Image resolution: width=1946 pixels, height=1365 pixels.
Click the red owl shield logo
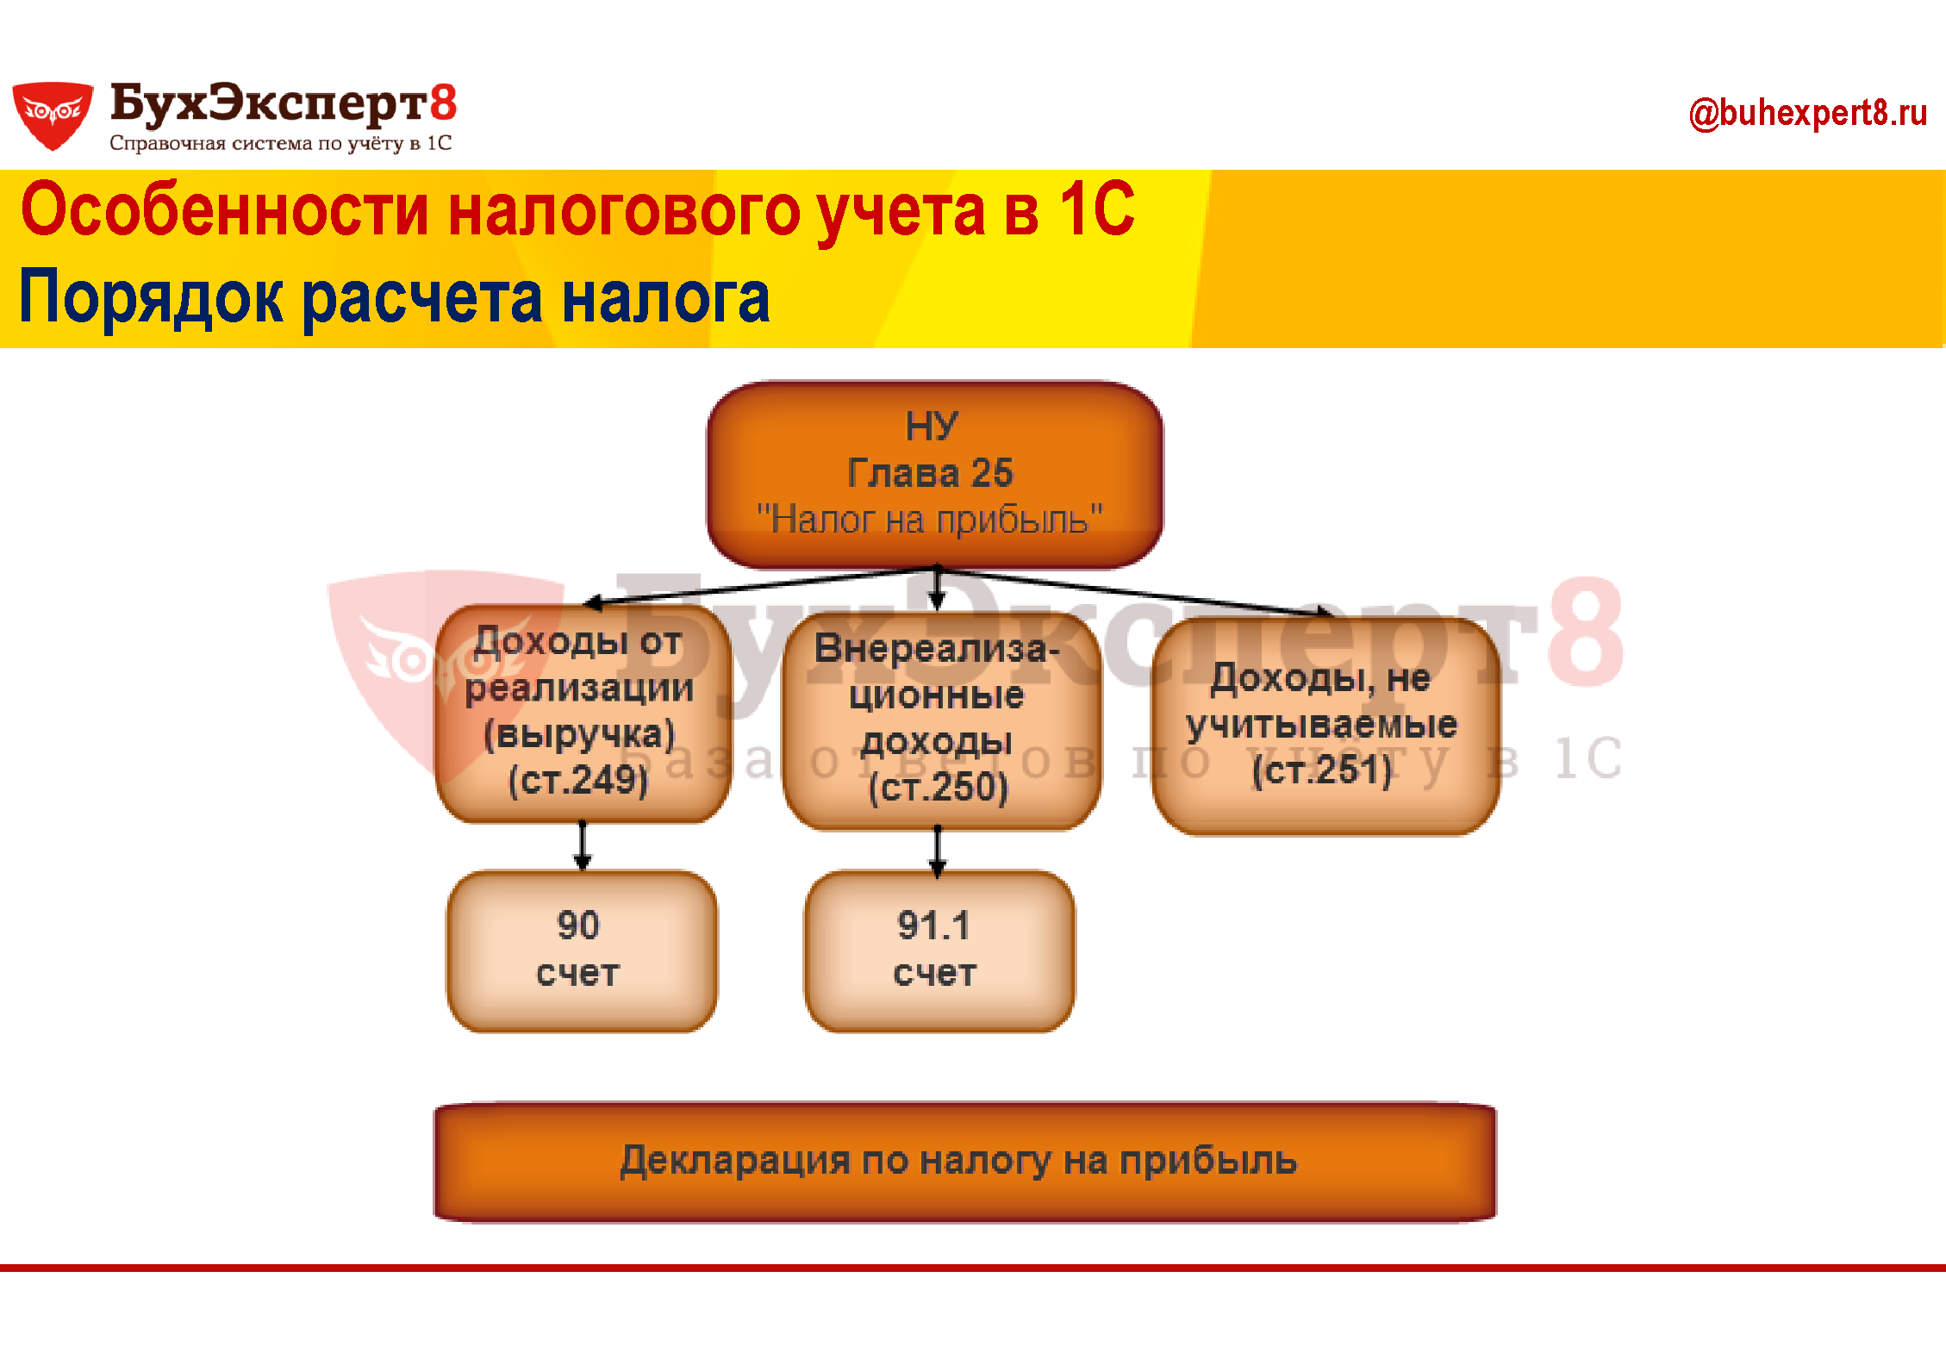click(53, 115)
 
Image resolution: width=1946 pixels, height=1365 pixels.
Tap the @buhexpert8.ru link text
click(1807, 114)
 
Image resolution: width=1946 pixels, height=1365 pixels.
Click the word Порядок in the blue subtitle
click(151, 297)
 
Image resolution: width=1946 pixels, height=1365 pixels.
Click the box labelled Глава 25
click(935, 475)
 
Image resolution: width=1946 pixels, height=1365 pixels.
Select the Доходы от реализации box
click(583, 713)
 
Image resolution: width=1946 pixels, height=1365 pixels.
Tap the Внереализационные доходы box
click(941, 720)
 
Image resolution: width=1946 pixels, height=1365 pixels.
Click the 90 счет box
click(582, 951)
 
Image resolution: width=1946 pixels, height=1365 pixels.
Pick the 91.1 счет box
click(939, 951)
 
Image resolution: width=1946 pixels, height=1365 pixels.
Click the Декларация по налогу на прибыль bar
click(965, 1162)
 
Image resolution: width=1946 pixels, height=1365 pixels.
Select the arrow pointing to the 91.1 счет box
click(938, 851)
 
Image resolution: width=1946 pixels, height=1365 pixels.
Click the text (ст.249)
click(578, 781)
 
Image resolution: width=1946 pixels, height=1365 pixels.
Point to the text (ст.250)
click(938, 788)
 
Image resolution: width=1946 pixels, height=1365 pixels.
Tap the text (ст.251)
click(1322, 770)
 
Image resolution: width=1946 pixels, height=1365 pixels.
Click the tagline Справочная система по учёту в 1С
click(281, 143)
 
